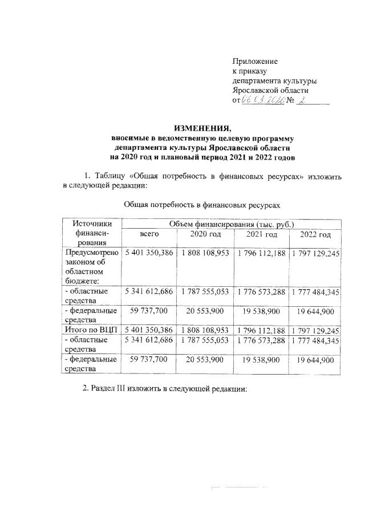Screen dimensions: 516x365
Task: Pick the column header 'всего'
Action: click(x=149, y=234)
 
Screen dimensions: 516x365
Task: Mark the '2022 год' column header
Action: click(x=315, y=234)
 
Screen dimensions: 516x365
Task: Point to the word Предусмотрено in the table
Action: click(x=91, y=252)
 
